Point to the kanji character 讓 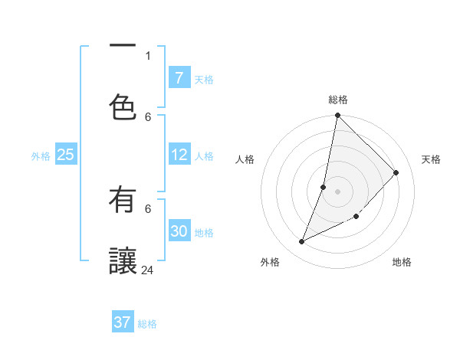pyautogui.click(x=123, y=260)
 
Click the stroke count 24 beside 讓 pyautogui.click(x=148, y=270)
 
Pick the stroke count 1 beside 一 pyautogui.click(x=148, y=55)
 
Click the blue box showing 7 pyautogui.click(x=179, y=78)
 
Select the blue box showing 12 pyautogui.click(x=179, y=155)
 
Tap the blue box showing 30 pyautogui.click(x=179, y=231)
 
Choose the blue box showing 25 pyautogui.click(x=65, y=155)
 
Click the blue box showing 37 pyautogui.click(x=123, y=322)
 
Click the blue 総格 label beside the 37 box pyautogui.click(x=147, y=324)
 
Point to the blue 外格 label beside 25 pyautogui.click(x=41, y=156)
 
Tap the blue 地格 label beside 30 pyautogui.click(x=204, y=233)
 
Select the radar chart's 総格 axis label pyautogui.click(x=338, y=100)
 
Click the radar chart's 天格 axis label pyautogui.click(x=431, y=159)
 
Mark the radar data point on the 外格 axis pyautogui.click(x=302, y=242)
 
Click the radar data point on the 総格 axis pyautogui.click(x=337, y=115)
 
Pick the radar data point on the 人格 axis pyautogui.click(x=324, y=186)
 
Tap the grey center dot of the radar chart pyautogui.click(x=337, y=191)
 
